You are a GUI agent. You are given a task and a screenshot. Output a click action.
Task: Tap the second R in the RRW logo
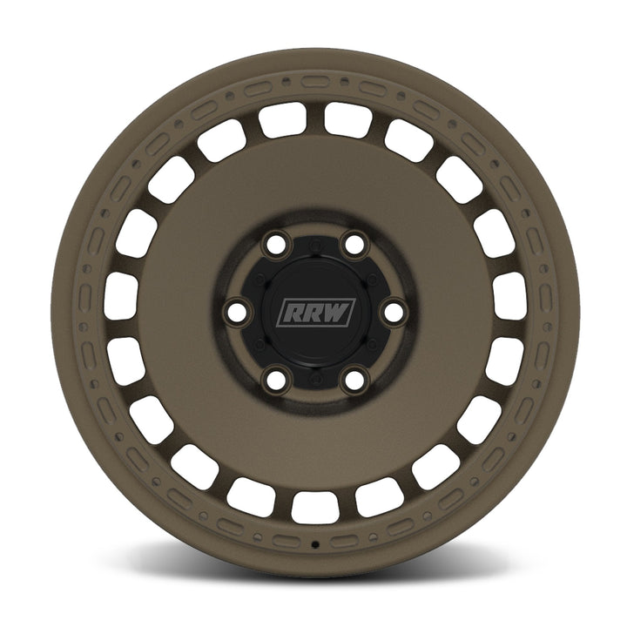tap(312, 313)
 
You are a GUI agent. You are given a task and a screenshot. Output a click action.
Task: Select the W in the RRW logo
tap(336, 313)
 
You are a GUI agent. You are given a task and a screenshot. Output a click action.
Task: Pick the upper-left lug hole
tap(277, 247)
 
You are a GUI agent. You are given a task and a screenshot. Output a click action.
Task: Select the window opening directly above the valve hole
tap(314, 506)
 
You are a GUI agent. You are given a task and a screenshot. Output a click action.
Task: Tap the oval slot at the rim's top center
tap(314, 81)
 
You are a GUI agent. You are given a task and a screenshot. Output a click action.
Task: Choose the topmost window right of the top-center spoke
tap(347, 119)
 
